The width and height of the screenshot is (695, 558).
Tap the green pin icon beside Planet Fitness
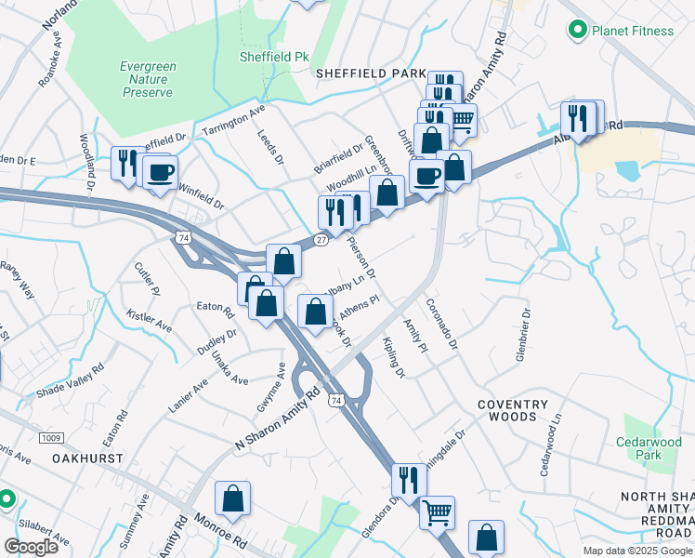577,31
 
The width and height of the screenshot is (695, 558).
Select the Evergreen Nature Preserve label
146,79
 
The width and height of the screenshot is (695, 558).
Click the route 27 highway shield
321,239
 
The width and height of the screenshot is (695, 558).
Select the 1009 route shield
50,437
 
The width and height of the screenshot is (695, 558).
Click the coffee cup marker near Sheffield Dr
161,173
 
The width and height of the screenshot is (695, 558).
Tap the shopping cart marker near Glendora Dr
437,511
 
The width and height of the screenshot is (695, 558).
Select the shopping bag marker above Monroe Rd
233,499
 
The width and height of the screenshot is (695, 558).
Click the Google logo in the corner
31,546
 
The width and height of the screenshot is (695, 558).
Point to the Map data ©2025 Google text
636,551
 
